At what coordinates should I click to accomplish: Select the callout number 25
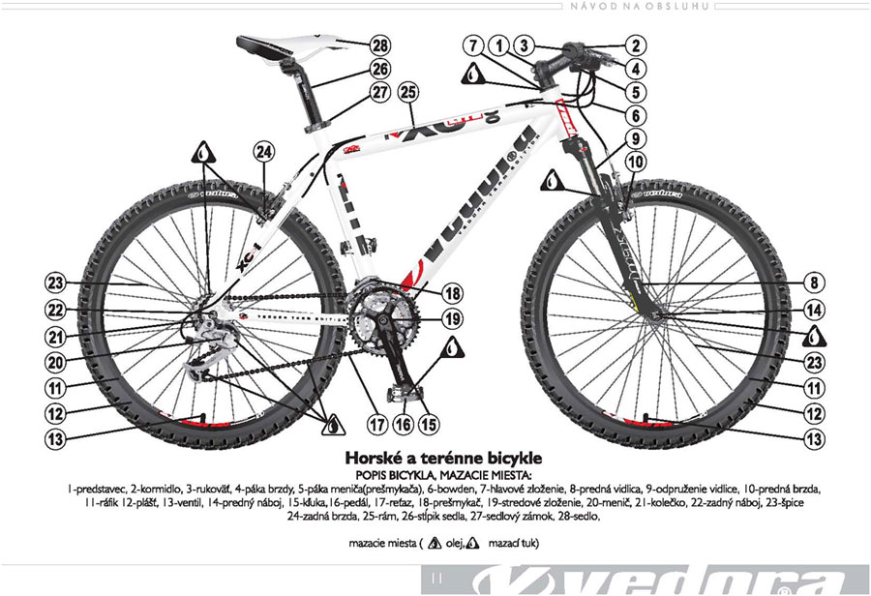(x=407, y=93)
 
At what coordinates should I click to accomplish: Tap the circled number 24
(x=264, y=151)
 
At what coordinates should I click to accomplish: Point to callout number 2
(x=635, y=45)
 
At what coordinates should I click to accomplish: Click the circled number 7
(x=472, y=45)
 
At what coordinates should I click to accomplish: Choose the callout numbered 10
(x=635, y=164)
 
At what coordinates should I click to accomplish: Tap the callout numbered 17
(x=376, y=423)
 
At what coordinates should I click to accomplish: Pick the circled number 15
(x=427, y=423)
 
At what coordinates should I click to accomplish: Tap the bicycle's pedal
(x=407, y=391)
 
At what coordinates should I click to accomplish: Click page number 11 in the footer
(x=431, y=578)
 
